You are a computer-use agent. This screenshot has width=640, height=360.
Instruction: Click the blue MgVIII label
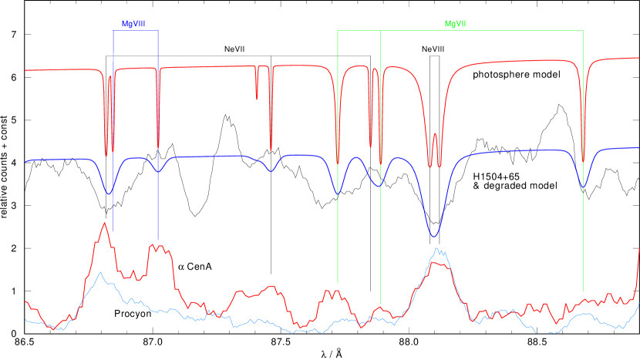pyautogui.click(x=133, y=24)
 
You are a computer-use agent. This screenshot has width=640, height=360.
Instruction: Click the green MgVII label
pyautogui.click(x=455, y=24)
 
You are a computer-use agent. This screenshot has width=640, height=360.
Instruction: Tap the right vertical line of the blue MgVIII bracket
pyautogui.click(x=158, y=200)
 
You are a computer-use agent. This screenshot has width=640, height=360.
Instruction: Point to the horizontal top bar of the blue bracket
pyautogui.click(x=136, y=31)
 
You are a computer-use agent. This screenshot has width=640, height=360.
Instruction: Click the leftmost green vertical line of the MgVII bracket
pyautogui.click(x=338, y=231)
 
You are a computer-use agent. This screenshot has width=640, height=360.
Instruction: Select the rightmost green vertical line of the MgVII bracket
pyautogui.click(x=583, y=231)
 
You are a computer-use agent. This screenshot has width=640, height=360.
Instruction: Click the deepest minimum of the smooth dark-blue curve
pyautogui.click(x=434, y=236)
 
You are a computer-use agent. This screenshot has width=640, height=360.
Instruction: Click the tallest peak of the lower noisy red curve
pyautogui.click(x=104, y=224)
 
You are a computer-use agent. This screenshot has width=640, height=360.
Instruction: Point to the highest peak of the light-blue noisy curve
pyautogui.click(x=437, y=249)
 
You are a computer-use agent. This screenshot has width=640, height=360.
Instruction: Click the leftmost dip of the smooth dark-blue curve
pyautogui.click(x=109, y=193)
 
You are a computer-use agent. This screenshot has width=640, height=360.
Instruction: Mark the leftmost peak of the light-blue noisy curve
pyautogui.click(x=99, y=273)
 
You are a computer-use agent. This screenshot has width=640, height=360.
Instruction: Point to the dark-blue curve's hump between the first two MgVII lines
pyautogui.click(x=357, y=158)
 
